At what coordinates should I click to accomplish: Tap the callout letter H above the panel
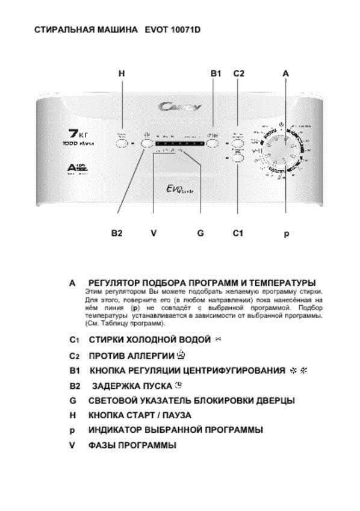pos(122,73)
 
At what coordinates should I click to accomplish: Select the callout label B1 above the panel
pos(216,73)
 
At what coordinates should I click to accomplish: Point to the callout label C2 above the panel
pos(238,73)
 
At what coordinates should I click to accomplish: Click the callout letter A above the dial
pos(286,73)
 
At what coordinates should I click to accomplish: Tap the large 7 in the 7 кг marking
pos(70,133)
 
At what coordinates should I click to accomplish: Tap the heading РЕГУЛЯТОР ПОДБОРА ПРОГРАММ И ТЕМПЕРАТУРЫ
pos(202,282)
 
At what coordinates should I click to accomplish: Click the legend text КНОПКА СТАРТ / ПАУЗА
pos(140,415)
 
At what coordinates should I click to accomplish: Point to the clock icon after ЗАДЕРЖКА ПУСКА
pos(178,385)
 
